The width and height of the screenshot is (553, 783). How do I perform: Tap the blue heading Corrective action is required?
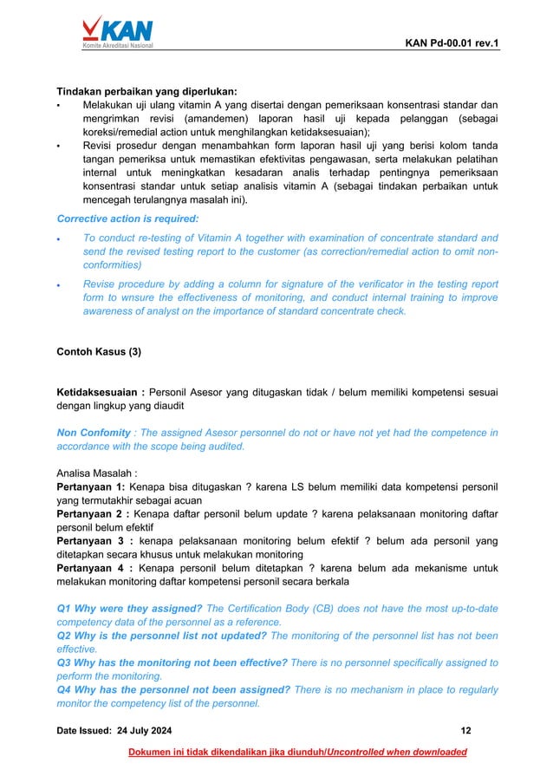(127, 219)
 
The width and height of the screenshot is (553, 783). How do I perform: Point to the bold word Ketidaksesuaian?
(100, 392)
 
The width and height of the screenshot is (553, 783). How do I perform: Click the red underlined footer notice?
(296, 752)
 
